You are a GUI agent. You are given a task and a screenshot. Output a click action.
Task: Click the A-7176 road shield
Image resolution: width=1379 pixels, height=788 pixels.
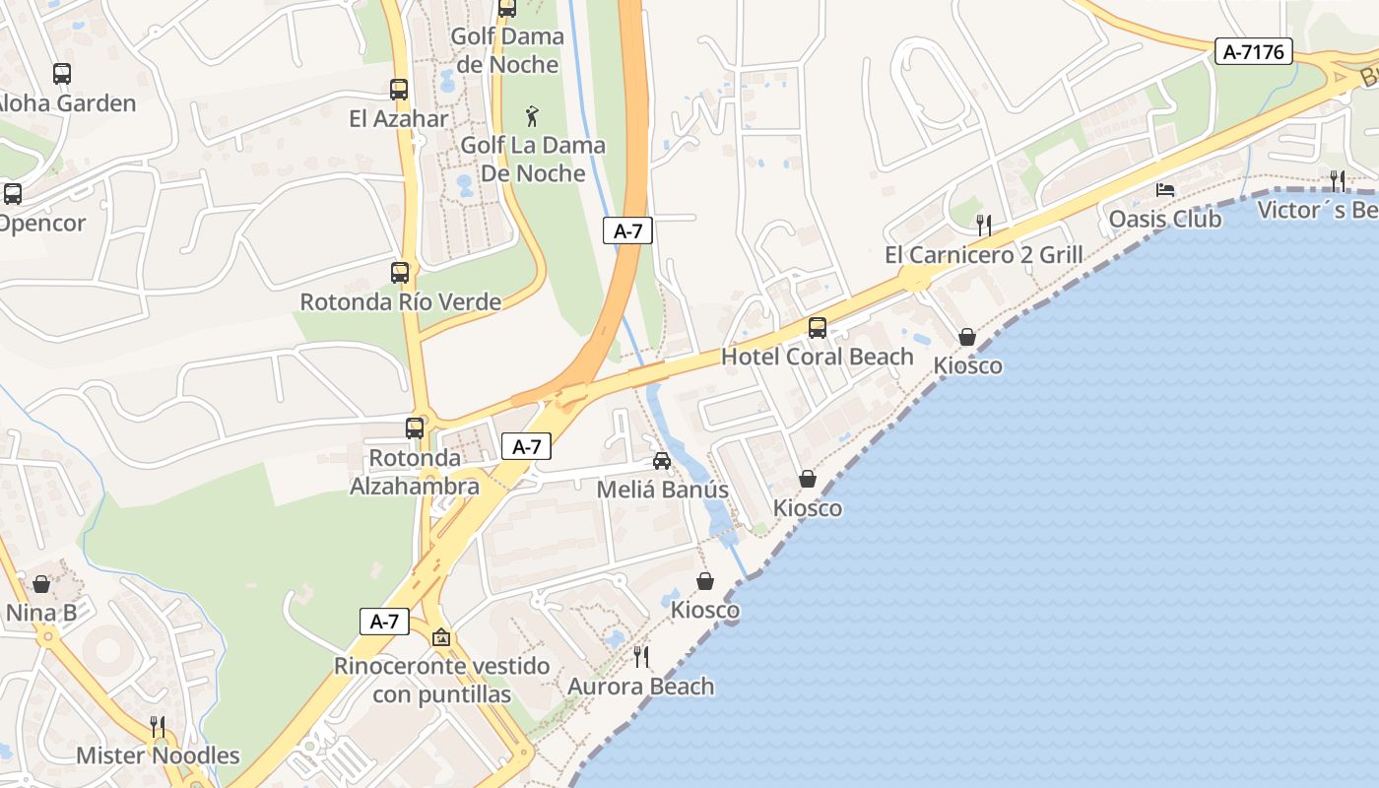[x=1253, y=51]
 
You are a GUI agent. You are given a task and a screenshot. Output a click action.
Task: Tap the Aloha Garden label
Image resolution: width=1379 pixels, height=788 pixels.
[x=65, y=103]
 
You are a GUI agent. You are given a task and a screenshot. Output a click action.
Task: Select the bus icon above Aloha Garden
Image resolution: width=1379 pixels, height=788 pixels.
[x=62, y=73]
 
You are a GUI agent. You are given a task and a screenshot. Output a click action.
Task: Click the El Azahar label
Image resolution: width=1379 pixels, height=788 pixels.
[x=399, y=119]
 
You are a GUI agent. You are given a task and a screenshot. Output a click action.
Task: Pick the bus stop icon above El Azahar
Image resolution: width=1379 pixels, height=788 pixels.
[x=399, y=90]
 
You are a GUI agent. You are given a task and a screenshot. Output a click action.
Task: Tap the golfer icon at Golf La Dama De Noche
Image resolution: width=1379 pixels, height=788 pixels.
[x=533, y=116]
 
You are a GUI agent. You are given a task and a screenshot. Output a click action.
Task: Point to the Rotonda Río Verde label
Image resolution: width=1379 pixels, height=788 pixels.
[x=400, y=302]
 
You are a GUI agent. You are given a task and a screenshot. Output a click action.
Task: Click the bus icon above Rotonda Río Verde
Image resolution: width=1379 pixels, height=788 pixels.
[x=400, y=273]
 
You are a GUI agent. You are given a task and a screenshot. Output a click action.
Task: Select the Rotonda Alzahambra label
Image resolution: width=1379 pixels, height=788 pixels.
[x=415, y=472]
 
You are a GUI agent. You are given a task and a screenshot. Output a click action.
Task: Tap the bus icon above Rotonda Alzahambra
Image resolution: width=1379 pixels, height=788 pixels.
[x=415, y=428]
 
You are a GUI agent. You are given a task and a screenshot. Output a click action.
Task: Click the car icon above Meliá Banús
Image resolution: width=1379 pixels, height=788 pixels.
[x=662, y=461]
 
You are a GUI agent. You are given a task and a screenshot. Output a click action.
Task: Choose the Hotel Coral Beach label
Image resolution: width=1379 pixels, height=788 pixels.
[x=818, y=357]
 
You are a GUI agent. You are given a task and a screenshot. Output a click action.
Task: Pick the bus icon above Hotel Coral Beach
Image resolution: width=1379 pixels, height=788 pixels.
[x=818, y=328]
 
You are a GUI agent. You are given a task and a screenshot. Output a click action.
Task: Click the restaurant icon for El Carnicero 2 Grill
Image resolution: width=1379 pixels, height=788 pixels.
[x=983, y=226]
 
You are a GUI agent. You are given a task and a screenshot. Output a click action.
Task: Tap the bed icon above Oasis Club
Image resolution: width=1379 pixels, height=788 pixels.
[x=1165, y=189]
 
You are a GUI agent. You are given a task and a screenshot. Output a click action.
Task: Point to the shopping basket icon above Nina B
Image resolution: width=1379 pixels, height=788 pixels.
[x=41, y=584]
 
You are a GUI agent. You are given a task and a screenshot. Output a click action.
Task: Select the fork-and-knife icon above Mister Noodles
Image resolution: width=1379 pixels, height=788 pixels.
[x=158, y=727]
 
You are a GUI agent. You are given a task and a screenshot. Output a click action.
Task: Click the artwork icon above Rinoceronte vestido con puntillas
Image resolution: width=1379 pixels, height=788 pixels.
[x=441, y=637]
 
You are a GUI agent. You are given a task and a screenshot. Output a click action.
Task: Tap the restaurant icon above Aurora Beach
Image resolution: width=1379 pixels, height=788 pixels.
[x=641, y=656]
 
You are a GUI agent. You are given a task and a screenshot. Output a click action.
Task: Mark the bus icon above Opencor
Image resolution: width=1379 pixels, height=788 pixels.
[x=13, y=194]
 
